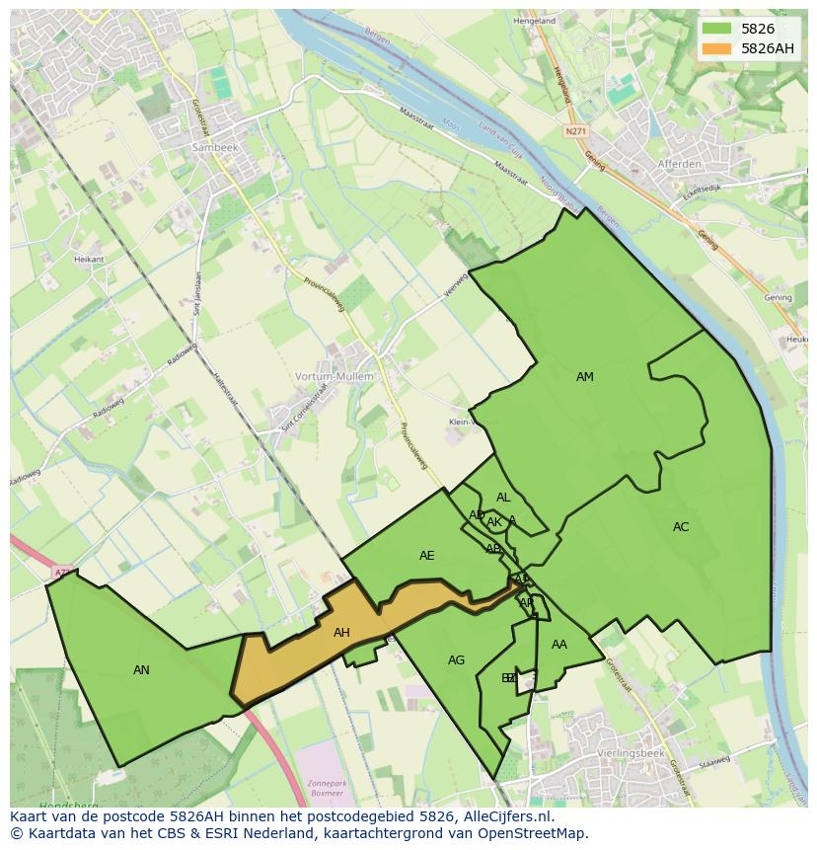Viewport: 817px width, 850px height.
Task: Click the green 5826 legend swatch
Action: tap(716, 29)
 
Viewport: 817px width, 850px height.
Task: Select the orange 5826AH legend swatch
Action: tap(716, 48)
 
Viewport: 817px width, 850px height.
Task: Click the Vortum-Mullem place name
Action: tap(334, 376)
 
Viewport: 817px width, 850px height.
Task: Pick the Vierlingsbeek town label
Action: tap(630, 753)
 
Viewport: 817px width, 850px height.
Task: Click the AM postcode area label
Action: tap(585, 377)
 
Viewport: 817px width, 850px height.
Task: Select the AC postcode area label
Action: tap(681, 527)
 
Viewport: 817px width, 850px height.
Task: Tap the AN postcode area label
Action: tap(141, 670)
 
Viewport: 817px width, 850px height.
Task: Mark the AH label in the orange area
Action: tap(341, 633)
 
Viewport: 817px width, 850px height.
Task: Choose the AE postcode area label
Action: tap(426, 556)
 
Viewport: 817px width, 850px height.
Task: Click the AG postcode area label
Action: tap(456, 660)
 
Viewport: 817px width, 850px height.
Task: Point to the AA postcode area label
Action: tap(559, 645)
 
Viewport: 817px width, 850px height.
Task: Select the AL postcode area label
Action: tap(503, 498)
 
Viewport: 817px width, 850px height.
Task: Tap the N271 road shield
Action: tap(576, 130)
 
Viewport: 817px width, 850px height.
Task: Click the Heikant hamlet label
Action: tap(89, 259)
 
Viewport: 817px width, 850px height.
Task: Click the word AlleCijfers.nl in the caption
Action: tap(498, 816)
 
